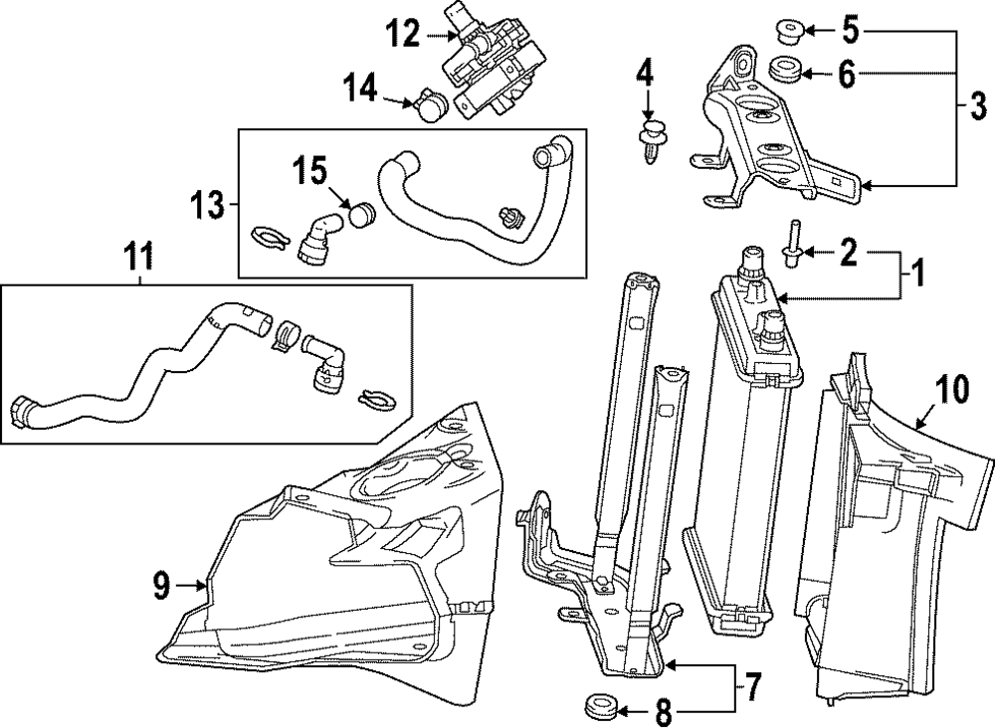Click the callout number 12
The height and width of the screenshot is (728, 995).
click(x=404, y=33)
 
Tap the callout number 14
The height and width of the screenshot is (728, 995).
click(x=360, y=88)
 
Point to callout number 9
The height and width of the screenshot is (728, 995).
click(x=161, y=586)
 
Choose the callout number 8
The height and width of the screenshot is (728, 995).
click(x=662, y=712)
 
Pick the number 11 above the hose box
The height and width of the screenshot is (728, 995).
click(x=138, y=259)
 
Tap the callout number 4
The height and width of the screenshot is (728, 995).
click(x=644, y=76)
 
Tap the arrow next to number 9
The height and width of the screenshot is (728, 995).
click(x=192, y=586)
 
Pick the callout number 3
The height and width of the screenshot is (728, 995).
click(x=978, y=105)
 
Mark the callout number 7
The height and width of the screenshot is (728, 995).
click(x=750, y=685)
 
